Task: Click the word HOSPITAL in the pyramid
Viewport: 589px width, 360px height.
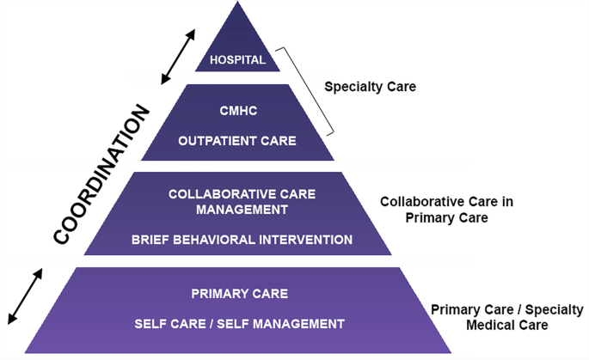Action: pyautogui.click(x=236, y=60)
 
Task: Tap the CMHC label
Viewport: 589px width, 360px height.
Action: pyautogui.click(x=237, y=110)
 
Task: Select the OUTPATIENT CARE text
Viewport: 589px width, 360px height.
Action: pyautogui.click(x=237, y=140)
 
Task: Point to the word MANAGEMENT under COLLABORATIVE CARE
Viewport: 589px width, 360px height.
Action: pyautogui.click(x=238, y=208)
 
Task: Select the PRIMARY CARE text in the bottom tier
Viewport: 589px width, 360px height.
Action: pyautogui.click(x=239, y=294)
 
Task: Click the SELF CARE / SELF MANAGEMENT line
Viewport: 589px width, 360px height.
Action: pyautogui.click(x=239, y=324)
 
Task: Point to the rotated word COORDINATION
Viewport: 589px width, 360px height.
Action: pyautogui.click(x=102, y=174)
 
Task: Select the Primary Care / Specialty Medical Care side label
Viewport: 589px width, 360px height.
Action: pyautogui.click(x=506, y=317)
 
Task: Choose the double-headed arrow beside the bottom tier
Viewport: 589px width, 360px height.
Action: pyautogui.click(x=25, y=296)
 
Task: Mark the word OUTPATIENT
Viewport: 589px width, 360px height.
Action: pyautogui.click(x=209, y=140)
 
